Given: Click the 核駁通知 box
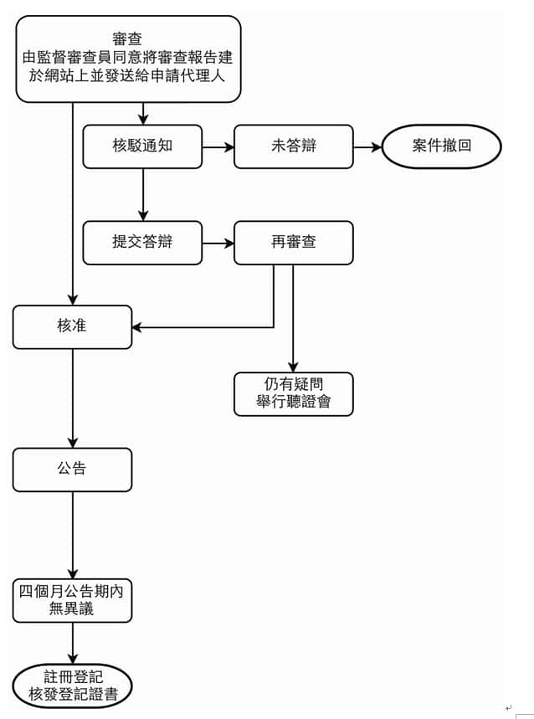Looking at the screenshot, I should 142,146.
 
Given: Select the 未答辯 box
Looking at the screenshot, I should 293,146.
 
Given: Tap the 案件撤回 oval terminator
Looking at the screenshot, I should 441,146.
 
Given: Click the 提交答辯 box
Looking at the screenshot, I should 142,243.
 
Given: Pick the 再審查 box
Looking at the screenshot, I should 293,243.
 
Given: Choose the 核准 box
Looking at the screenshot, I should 72,326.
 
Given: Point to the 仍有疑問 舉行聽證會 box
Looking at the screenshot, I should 293,393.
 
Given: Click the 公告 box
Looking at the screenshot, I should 72,470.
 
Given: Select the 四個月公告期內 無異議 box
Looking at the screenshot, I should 72,600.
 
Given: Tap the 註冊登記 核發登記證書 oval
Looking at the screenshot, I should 72,686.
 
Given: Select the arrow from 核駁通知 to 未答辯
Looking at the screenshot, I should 218,147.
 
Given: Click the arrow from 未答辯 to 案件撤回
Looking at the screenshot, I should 367,147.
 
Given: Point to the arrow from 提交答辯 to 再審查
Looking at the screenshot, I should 218,244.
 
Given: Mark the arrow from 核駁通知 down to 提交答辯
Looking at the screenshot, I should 143,194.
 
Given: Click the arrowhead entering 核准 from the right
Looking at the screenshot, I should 137,327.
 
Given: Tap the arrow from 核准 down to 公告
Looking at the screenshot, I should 73,398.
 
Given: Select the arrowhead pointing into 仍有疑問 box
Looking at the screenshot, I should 293,367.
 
